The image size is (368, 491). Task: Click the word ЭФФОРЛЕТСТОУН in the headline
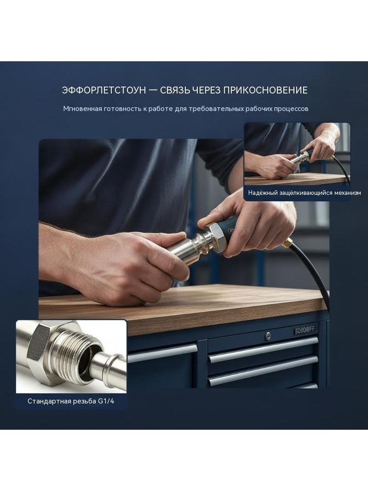click(104, 90)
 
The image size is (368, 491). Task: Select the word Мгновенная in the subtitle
click(82, 109)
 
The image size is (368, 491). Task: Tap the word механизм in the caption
click(347, 193)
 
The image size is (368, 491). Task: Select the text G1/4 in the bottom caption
click(106, 401)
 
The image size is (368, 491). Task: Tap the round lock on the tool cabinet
click(268, 336)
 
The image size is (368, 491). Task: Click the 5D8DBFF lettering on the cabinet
click(305, 330)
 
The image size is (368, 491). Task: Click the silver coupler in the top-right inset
click(299, 158)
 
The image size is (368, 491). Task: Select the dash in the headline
click(153, 90)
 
